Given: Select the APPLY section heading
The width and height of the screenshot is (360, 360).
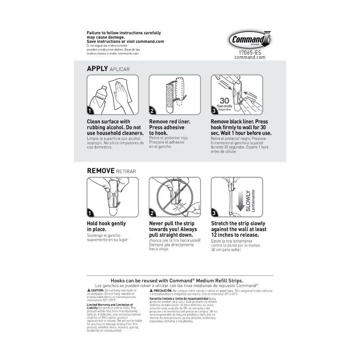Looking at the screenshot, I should pyautogui.click(x=97, y=68).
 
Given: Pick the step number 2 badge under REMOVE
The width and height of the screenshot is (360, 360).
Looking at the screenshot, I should pyautogui.click(x=153, y=213).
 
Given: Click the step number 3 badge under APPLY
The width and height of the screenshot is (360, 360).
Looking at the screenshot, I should pyautogui.click(x=215, y=111).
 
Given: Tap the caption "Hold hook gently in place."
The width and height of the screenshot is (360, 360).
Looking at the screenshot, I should pyautogui.click(x=106, y=226).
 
